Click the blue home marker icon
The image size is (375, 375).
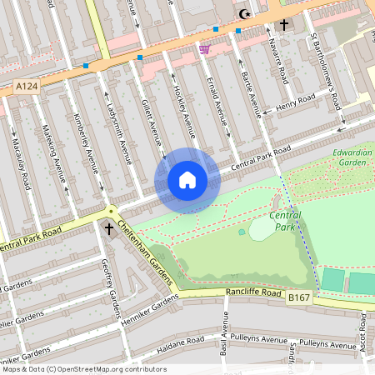(x=187, y=180)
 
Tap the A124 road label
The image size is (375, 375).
(x=26, y=86)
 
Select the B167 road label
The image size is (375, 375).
(x=299, y=296)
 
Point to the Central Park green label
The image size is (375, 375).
(x=286, y=221)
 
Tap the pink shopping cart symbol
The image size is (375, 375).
(x=204, y=49)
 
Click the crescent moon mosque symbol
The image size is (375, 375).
(x=244, y=14)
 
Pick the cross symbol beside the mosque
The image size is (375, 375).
(x=283, y=25)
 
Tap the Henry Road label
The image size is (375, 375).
(x=297, y=103)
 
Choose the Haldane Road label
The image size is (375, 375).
(x=180, y=342)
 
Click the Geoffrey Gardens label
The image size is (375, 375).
(x=110, y=287)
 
